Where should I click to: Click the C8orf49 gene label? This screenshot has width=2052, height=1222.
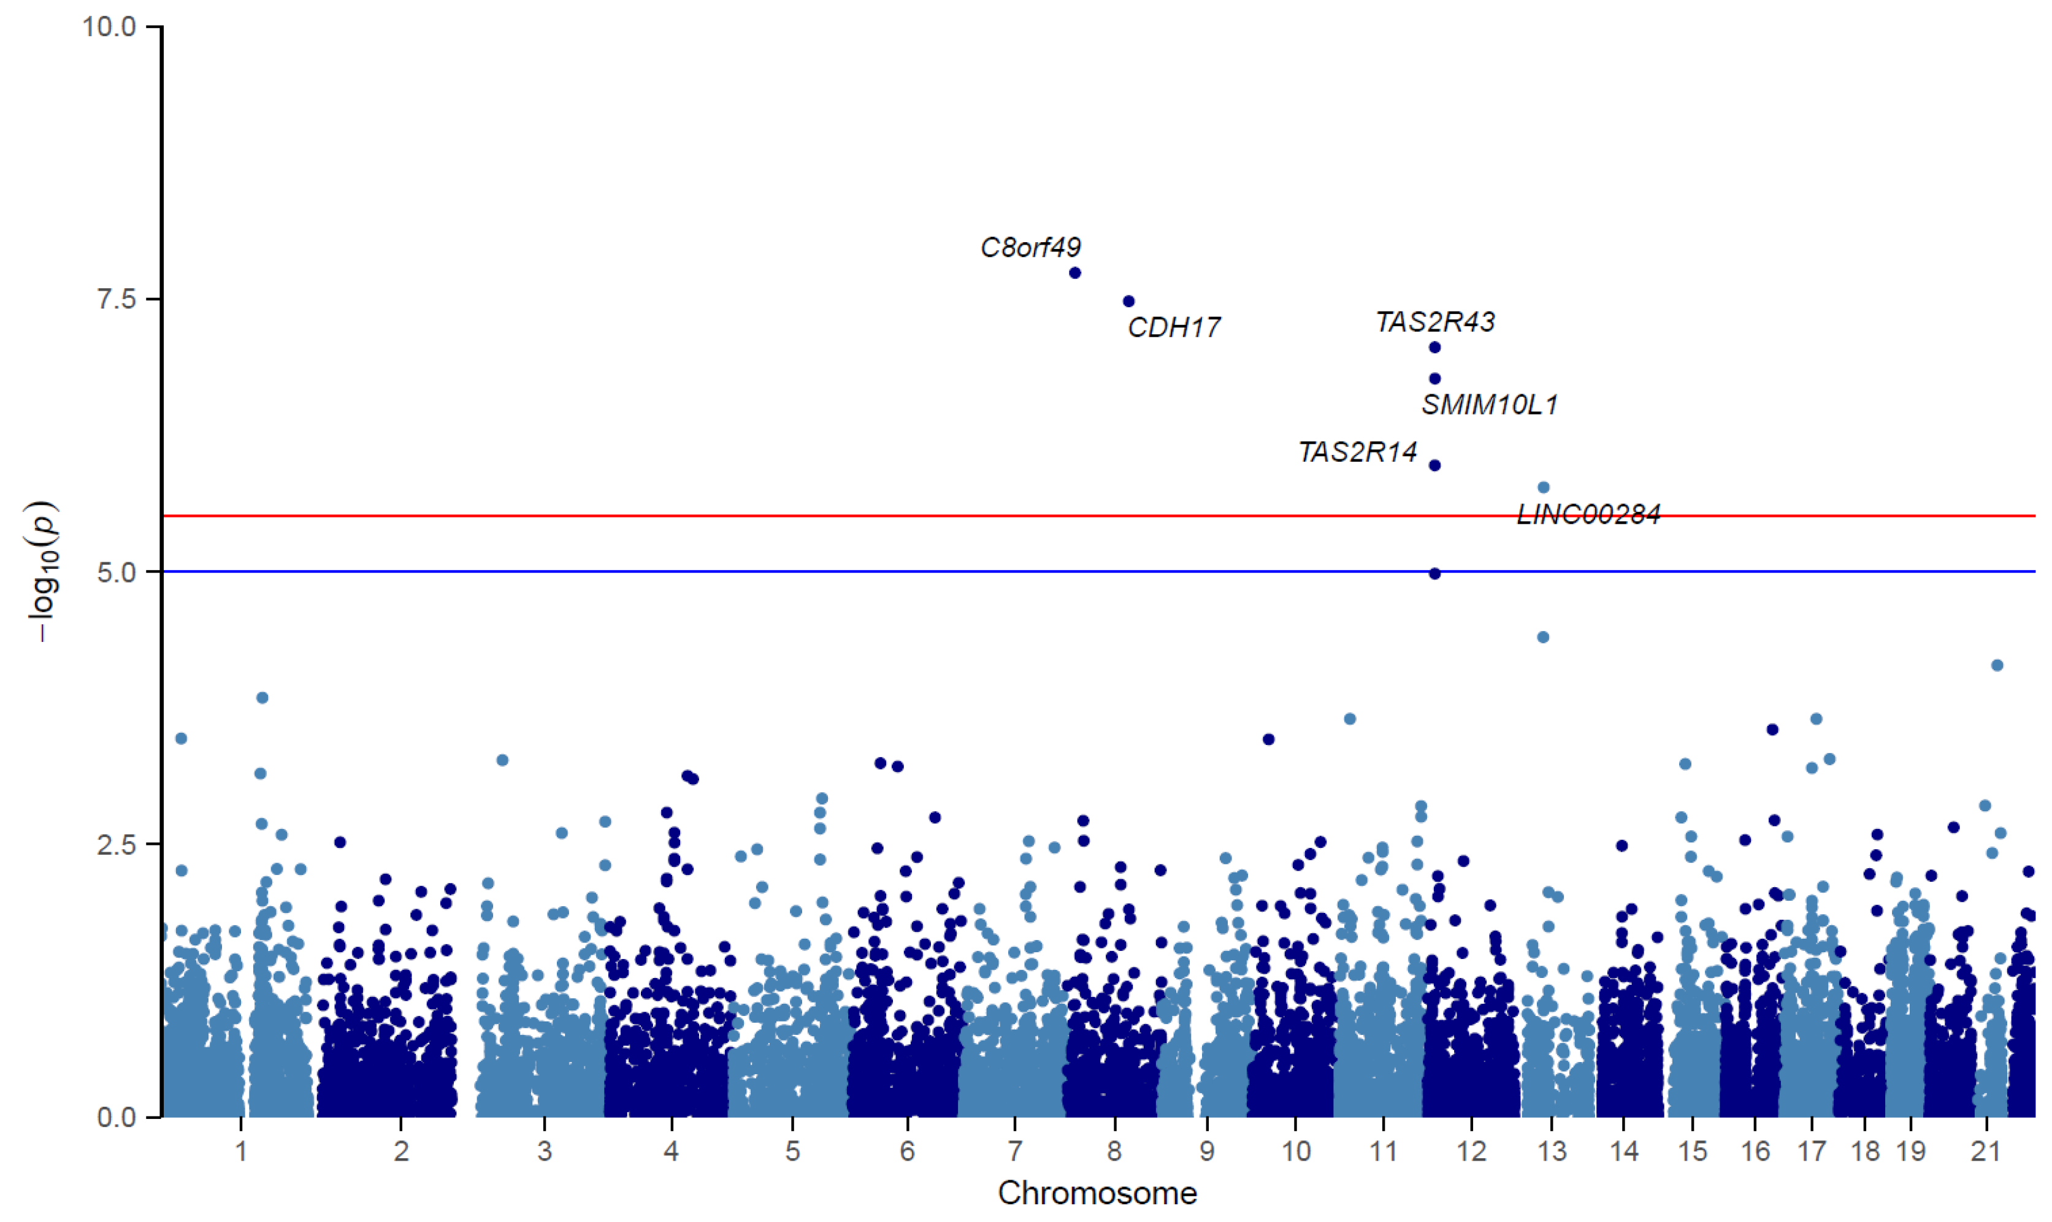tap(1030, 247)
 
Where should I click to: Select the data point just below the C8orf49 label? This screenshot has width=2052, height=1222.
tap(1074, 273)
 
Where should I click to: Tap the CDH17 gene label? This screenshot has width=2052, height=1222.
tap(1173, 328)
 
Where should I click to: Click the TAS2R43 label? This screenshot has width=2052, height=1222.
tap(1435, 322)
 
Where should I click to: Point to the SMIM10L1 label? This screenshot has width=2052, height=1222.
tap(1490, 404)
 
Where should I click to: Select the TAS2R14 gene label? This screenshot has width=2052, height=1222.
tap(1358, 452)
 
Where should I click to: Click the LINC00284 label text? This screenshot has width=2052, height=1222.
tap(1588, 514)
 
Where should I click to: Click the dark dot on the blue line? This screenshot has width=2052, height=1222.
tap(1434, 573)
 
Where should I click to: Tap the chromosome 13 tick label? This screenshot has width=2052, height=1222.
tap(1552, 1151)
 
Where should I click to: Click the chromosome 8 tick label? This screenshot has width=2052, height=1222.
tap(1114, 1151)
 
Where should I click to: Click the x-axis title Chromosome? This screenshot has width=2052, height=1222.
tap(1097, 1193)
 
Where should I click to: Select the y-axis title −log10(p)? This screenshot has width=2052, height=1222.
tap(43, 571)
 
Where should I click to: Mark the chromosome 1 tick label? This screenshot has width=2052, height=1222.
tap(240, 1151)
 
